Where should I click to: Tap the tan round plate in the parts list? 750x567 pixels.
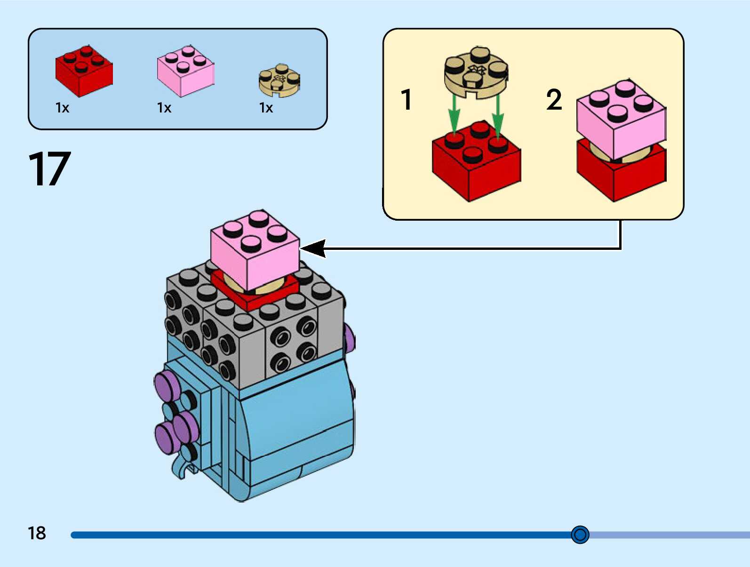click(x=279, y=80)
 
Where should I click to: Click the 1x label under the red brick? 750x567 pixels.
click(x=62, y=108)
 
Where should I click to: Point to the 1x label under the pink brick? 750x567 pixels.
click(x=164, y=108)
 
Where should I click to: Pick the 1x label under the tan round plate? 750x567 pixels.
click(x=266, y=108)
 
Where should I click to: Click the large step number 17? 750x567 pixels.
click(x=49, y=169)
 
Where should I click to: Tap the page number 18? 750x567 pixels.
click(x=37, y=533)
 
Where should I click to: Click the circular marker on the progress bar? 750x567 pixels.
click(x=580, y=535)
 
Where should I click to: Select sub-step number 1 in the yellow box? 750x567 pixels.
click(x=407, y=100)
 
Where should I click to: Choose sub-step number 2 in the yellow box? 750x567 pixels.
click(x=554, y=100)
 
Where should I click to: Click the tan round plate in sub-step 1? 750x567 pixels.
click(x=476, y=73)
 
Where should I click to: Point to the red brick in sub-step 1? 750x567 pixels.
click(x=476, y=162)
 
